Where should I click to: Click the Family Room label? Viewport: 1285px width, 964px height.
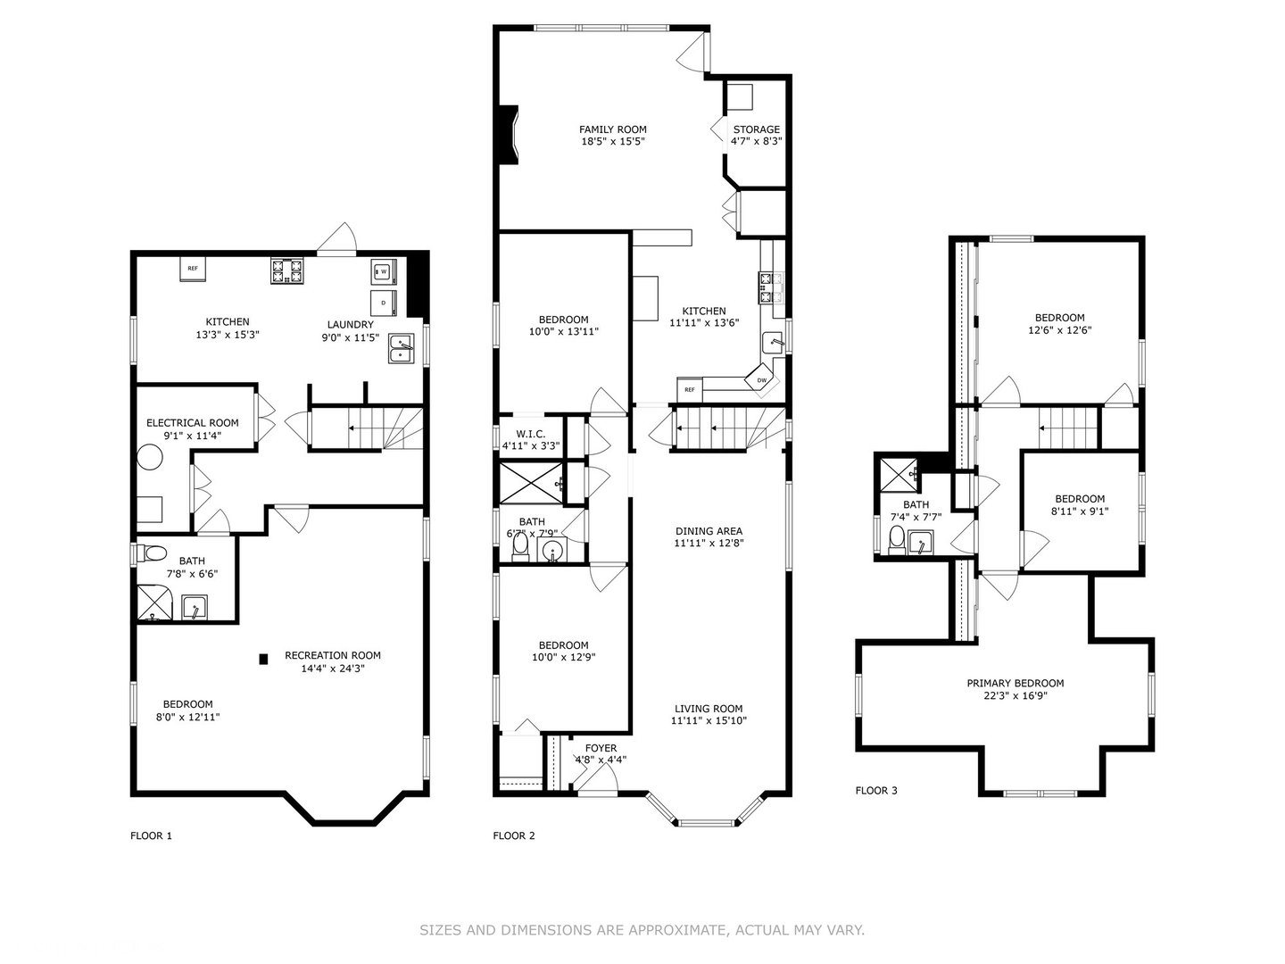612,129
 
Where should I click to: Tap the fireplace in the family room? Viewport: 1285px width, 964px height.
508,135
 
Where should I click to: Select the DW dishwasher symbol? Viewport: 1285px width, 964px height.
762,379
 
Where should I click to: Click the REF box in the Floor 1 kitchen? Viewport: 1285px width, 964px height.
193,268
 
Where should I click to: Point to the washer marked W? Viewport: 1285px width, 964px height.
384,271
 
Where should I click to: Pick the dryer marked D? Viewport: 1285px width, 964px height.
384,302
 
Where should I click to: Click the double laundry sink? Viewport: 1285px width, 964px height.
402,349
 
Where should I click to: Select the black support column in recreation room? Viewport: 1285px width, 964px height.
263,660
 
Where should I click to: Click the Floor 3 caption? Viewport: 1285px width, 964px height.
876,791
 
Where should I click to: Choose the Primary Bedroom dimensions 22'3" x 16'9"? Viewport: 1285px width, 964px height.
1016,696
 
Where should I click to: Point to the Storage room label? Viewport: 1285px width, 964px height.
756,129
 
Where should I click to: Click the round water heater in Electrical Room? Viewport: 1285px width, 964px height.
150,458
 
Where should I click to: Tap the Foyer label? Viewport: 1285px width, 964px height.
601,748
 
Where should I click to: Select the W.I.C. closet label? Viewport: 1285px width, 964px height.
530,434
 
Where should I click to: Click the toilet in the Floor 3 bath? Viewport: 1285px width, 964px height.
897,539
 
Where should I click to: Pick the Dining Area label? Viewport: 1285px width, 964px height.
709,531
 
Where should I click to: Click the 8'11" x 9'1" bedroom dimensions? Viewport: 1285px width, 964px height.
1080,512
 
